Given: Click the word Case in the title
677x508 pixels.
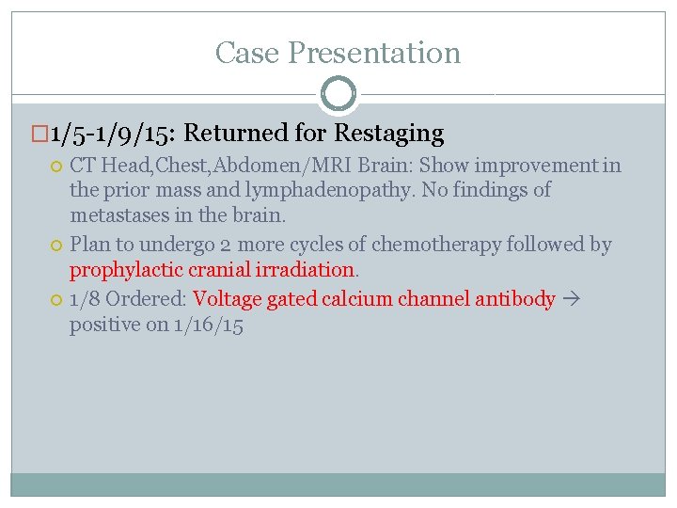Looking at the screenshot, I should [247, 53].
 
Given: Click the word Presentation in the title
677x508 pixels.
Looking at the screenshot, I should [374, 53].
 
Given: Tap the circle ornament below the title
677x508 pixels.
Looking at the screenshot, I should [338, 95].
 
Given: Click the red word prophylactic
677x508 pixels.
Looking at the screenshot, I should [127, 269].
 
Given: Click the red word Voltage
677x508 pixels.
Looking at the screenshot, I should [227, 300].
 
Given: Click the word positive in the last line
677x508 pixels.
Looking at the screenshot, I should [102, 325].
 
